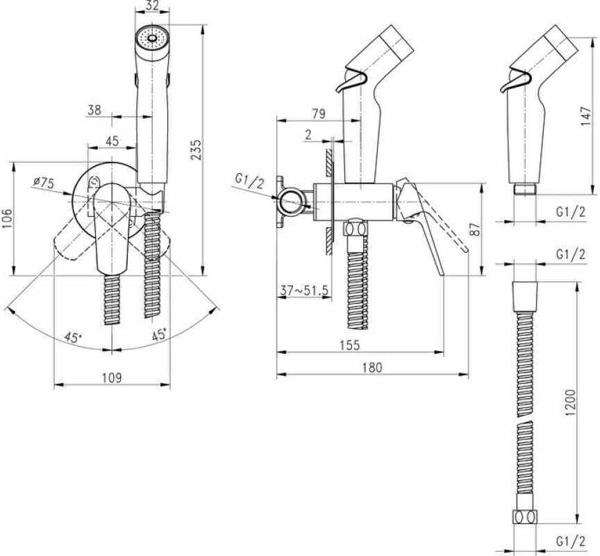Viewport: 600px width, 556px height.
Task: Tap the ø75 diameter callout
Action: click(x=43, y=182)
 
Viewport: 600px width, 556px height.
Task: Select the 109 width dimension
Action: click(x=112, y=377)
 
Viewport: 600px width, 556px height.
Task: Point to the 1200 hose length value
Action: click(x=570, y=402)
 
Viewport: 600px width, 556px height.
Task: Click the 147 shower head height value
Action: click(x=585, y=116)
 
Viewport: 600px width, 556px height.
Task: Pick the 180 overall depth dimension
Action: click(x=372, y=368)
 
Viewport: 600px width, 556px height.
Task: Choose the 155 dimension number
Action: click(x=350, y=345)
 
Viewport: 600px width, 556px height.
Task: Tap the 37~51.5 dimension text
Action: click(x=304, y=291)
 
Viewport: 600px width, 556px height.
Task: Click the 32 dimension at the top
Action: click(x=152, y=6)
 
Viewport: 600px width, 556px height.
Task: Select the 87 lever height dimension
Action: click(x=474, y=230)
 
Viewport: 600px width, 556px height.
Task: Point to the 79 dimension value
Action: click(x=318, y=114)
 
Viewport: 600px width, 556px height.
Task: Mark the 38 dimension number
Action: click(x=94, y=110)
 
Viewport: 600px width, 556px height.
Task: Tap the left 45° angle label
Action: click(x=73, y=338)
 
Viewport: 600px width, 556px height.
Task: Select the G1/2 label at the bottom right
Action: click(x=571, y=542)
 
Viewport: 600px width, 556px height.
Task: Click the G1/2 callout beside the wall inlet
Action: click(x=249, y=181)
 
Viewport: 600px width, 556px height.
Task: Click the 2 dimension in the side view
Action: click(x=308, y=135)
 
